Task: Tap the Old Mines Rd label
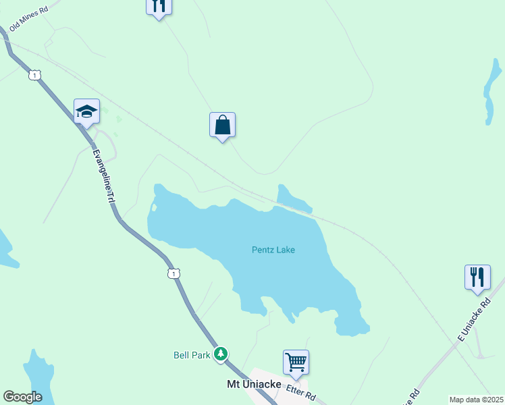[x=29, y=18]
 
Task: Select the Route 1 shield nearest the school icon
[x=34, y=75]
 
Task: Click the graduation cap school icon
[x=86, y=111]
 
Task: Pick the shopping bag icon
[x=222, y=125]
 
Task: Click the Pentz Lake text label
[x=273, y=250]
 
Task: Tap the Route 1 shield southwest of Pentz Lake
[x=174, y=273]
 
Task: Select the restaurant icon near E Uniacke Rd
[x=477, y=277]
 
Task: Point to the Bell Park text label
[x=192, y=354]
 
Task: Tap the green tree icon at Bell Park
[x=220, y=354]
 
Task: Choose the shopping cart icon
[x=296, y=362]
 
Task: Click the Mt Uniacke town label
[x=253, y=383]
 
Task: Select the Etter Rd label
[x=301, y=392]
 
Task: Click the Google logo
[x=22, y=397]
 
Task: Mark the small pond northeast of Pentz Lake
[x=292, y=198]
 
